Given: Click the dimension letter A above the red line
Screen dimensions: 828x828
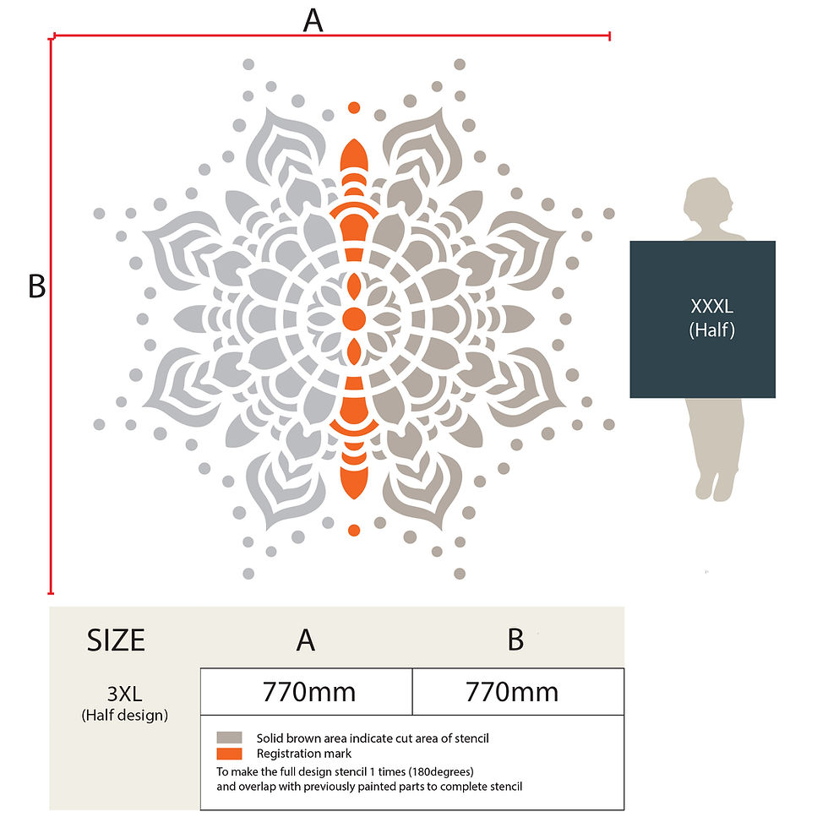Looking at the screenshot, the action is coord(313,20).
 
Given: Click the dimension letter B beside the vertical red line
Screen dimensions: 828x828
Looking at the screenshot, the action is coord(36,286).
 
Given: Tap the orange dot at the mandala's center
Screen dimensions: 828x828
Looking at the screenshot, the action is coord(354,319).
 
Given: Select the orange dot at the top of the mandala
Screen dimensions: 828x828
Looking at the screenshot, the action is coord(354,108).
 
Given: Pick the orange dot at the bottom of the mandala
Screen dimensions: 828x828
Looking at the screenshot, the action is coord(354,531).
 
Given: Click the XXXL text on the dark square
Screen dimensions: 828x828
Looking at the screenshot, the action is coord(711,306).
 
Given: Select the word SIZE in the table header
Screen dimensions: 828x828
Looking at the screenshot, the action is coord(116,640).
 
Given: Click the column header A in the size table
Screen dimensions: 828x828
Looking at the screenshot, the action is coord(306,640).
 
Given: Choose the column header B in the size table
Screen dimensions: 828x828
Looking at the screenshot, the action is coord(515,640).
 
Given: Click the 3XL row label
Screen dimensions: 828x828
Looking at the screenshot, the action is coord(125,694).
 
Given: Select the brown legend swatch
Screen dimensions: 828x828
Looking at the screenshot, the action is coord(229,738).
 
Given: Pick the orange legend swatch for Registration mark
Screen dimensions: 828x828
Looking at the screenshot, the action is coord(229,754).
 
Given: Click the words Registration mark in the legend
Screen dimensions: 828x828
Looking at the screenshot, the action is coord(303,754).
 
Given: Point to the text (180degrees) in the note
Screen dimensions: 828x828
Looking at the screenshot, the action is coord(441,772).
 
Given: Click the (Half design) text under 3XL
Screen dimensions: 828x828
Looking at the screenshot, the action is coord(125,715).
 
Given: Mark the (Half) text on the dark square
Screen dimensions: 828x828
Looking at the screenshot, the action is coord(711,330).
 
